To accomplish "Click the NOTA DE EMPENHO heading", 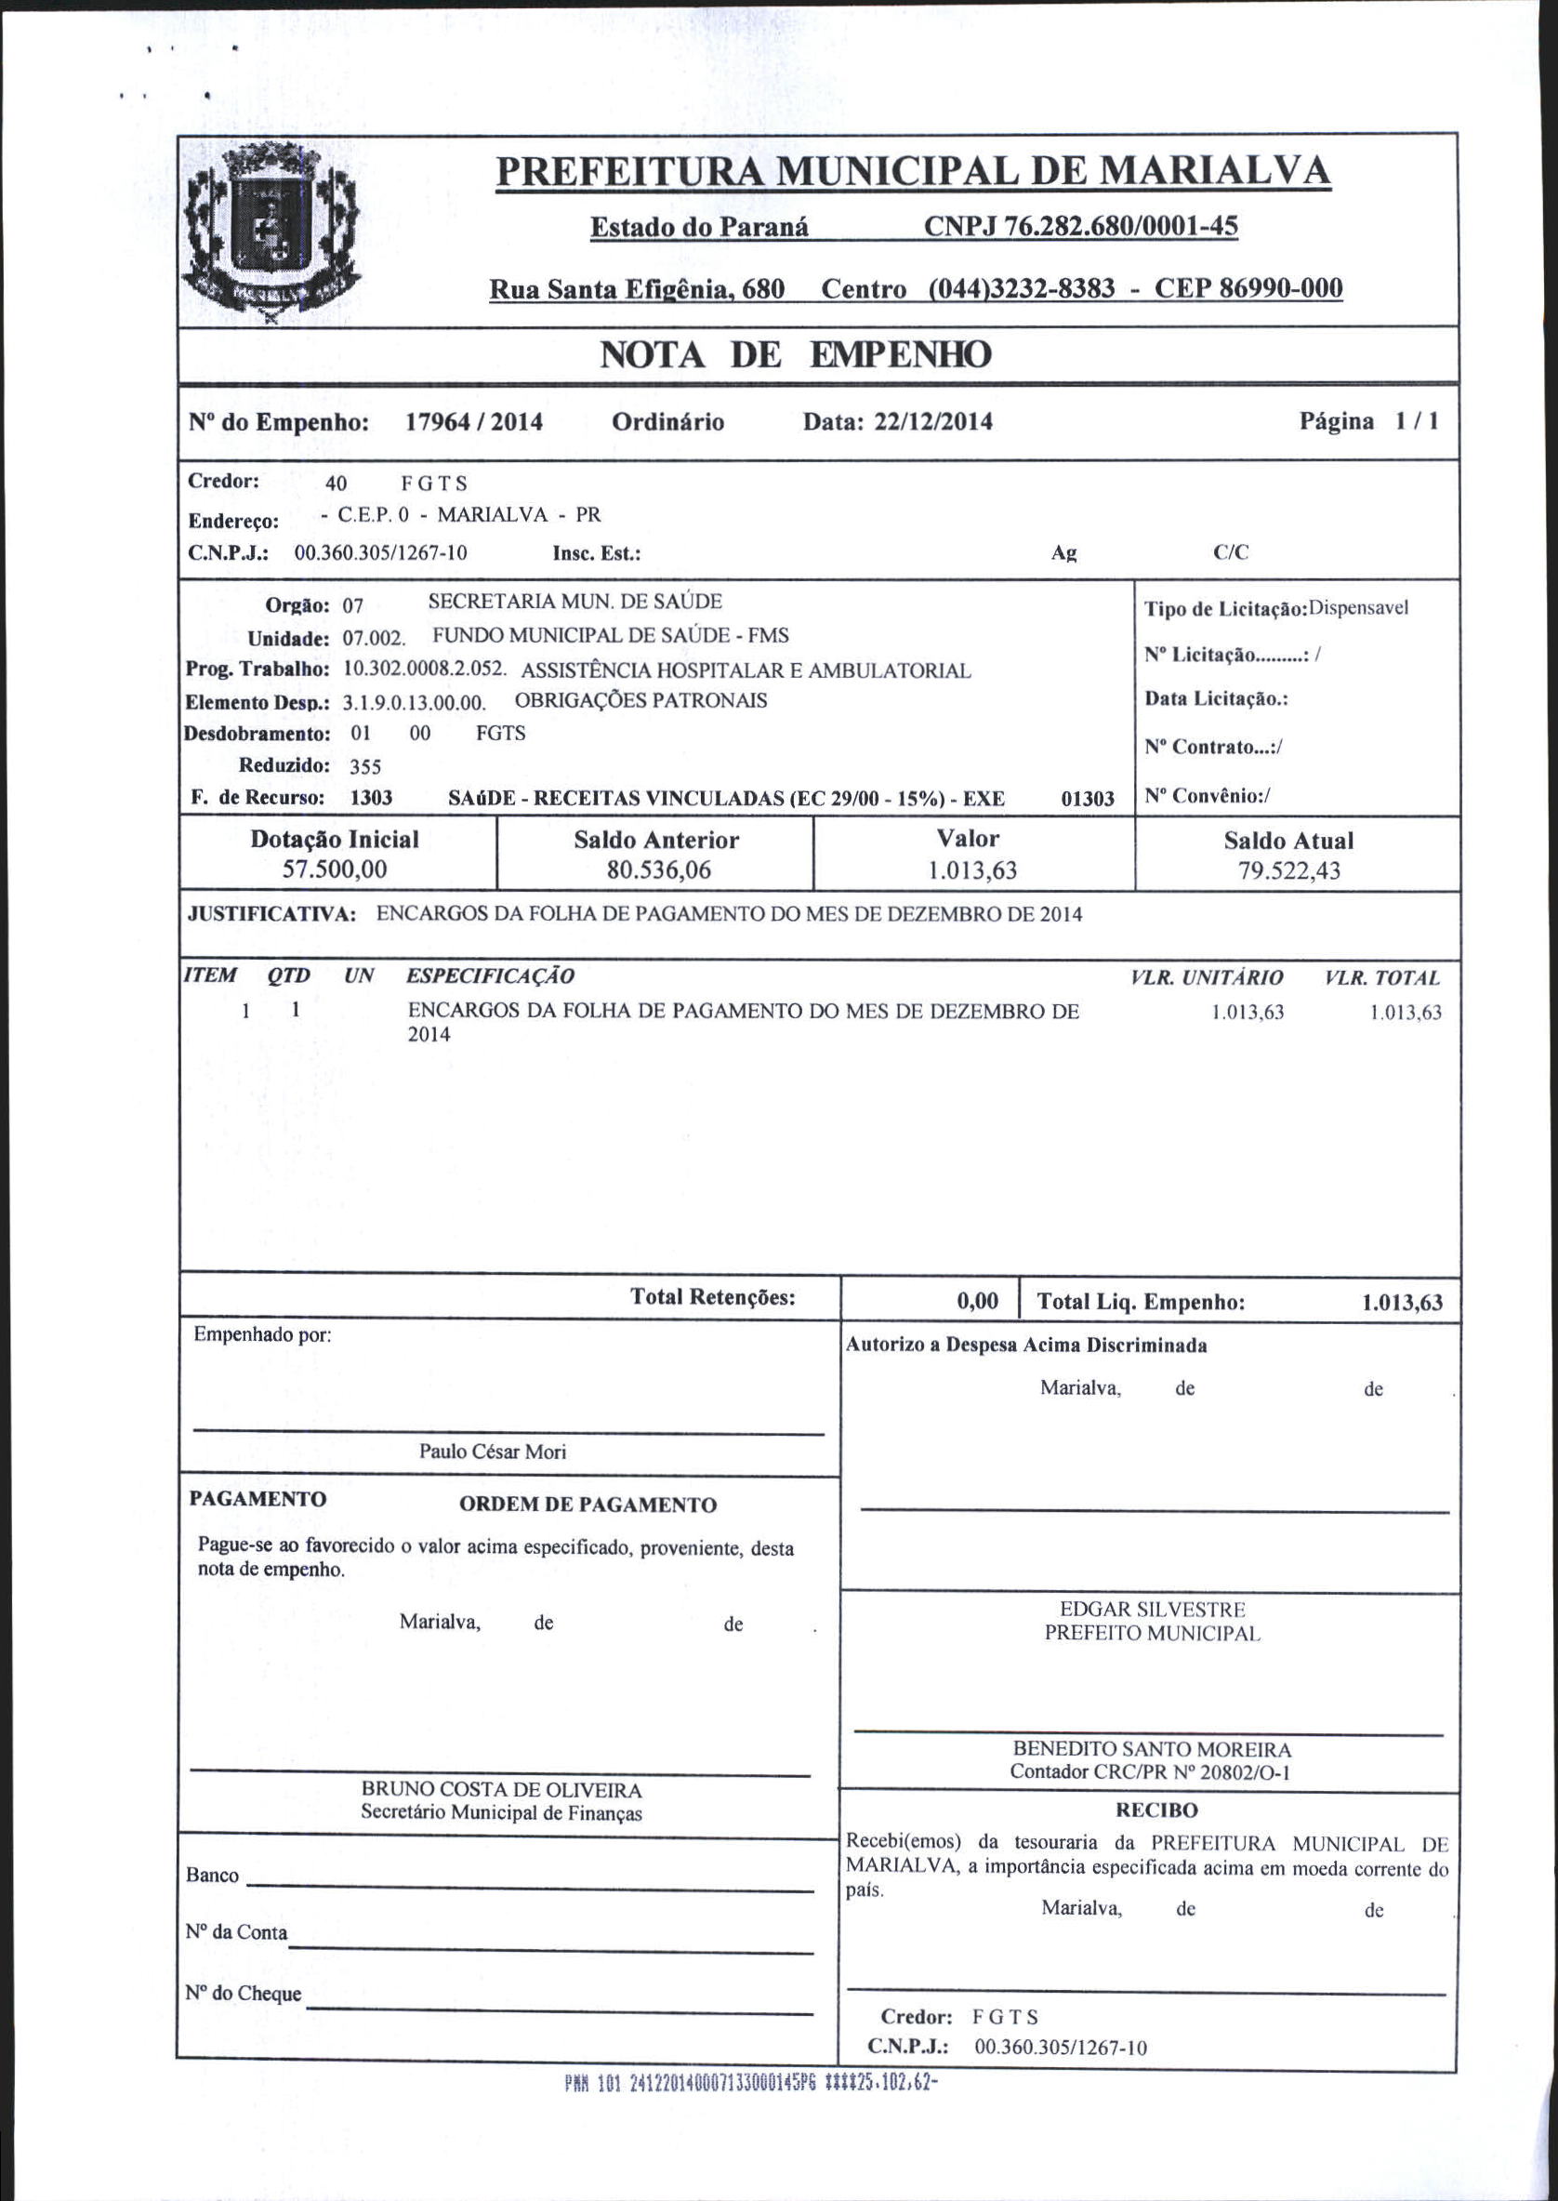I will (795, 355).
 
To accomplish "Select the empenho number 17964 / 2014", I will (474, 422).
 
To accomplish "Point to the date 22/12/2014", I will (932, 422).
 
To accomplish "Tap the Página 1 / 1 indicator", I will (1369, 421).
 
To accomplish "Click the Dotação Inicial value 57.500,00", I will (335, 870).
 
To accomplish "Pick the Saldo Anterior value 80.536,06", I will (656, 871).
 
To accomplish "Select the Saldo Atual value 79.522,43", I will (1288, 871).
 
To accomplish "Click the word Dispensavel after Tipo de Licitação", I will (1358, 608).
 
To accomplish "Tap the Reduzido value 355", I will (365, 766).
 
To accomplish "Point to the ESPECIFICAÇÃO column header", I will (490, 976).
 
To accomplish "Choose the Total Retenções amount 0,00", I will (978, 1301).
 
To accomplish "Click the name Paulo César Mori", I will (492, 1452).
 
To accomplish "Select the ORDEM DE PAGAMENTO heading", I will (588, 1505).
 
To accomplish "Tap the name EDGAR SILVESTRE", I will (1151, 1609).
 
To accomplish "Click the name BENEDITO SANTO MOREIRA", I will (1151, 1749).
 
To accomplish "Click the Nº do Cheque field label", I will (244, 1994).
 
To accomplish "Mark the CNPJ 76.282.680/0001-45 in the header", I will (1080, 227).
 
